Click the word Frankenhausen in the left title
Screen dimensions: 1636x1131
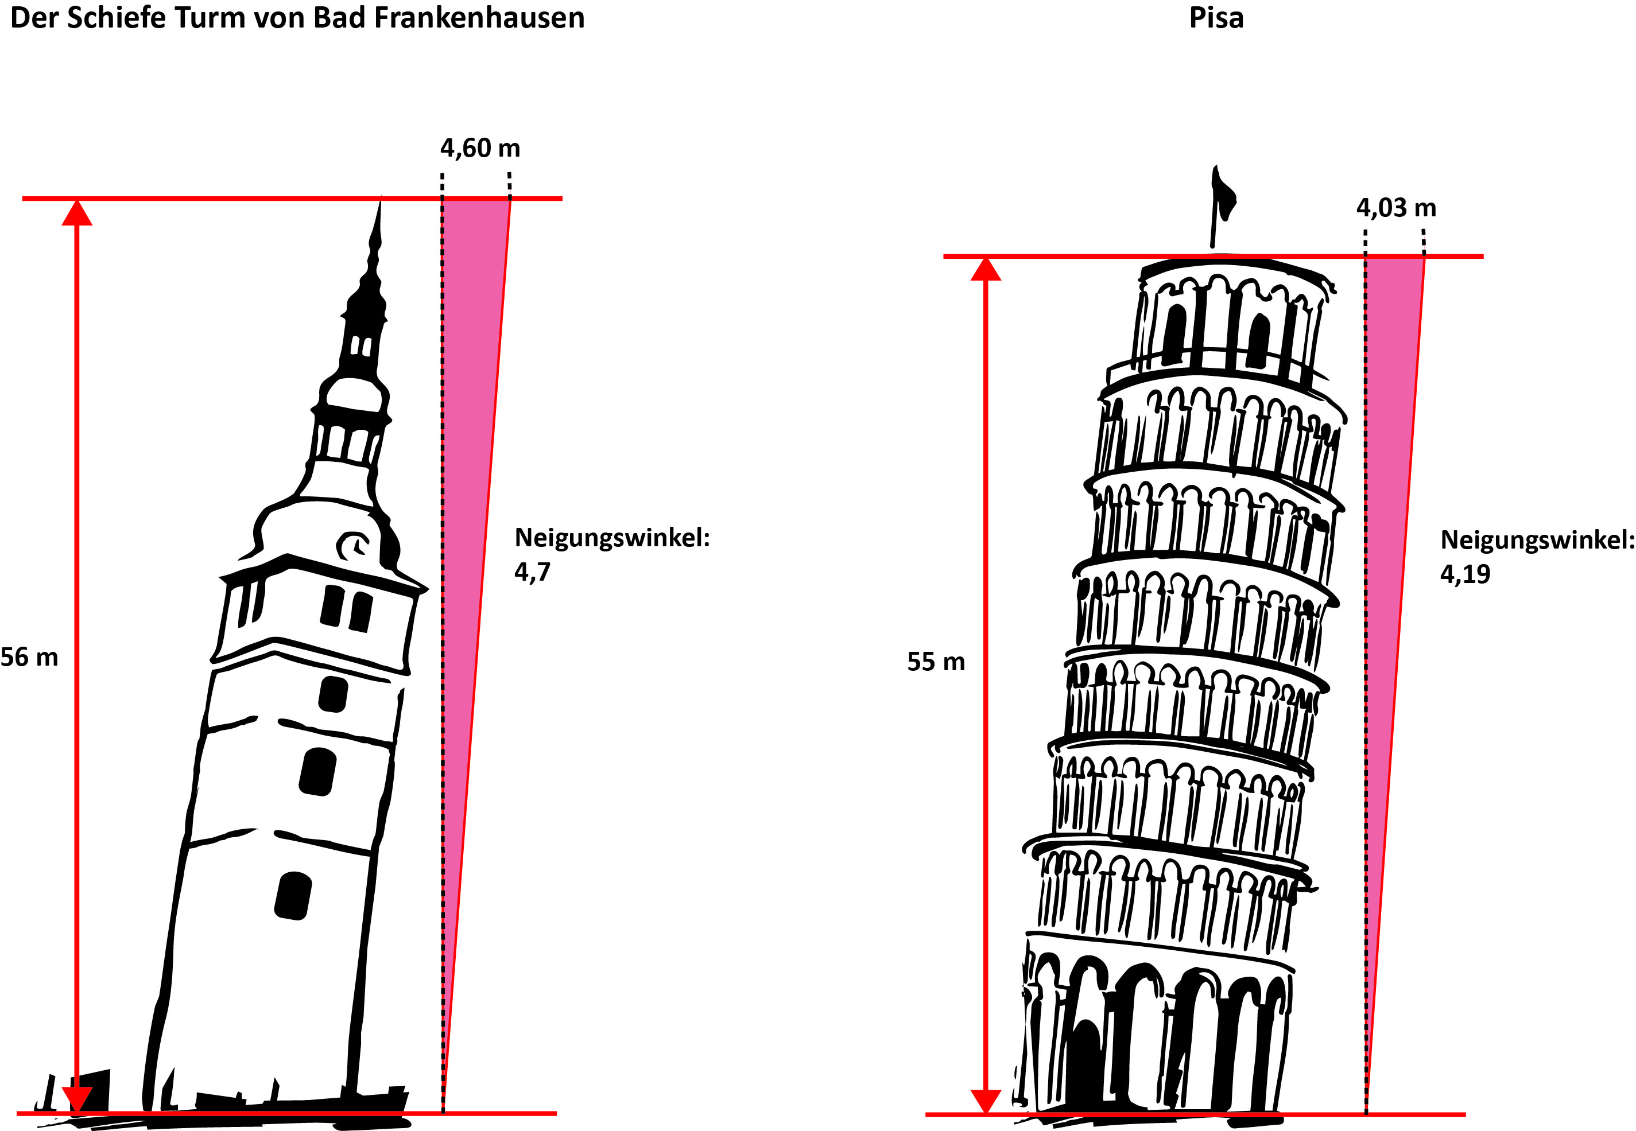pyautogui.click(x=479, y=18)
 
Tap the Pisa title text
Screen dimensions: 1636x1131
pyautogui.click(x=1216, y=18)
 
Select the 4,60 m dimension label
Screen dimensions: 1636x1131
pyautogui.click(x=480, y=148)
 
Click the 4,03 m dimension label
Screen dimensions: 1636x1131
pyautogui.click(x=1395, y=208)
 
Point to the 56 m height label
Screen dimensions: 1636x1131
pyautogui.click(x=29, y=657)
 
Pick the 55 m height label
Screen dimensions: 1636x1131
pyautogui.click(x=936, y=661)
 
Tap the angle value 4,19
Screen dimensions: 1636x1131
pyautogui.click(x=1465, y=573)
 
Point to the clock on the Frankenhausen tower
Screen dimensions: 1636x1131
pyautogui.click(x=352, y=546)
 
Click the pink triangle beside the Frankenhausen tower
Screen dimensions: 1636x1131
pyautogui.click(x=468, y=496)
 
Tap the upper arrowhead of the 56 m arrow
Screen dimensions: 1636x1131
pyautogui.click(x=76, y=212)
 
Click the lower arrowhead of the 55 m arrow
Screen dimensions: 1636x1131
pyautogui.click(x=985, y=1101)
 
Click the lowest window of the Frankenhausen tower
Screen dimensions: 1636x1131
pyautogui.click(x=293, y=896)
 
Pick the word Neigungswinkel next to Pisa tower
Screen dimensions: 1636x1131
pyautogui.click(x=1537, y=541)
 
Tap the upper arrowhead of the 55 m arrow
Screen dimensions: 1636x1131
pyautogui.click(x=985, y=269)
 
